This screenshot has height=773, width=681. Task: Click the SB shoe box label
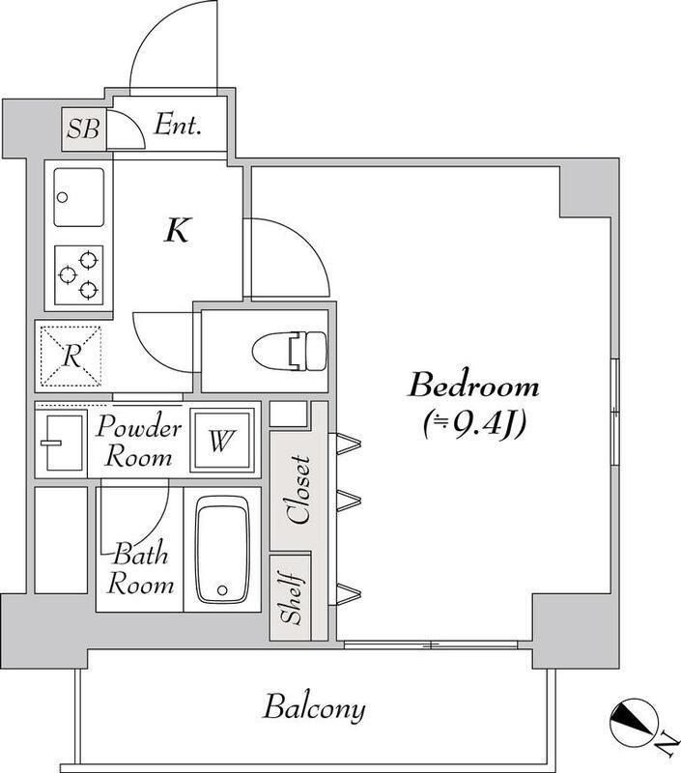(x=83, y=129)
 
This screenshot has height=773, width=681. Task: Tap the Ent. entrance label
(x=178, y=126)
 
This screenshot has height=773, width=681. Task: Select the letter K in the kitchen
(x=178, y=230)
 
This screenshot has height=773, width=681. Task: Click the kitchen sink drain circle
(x=62, y=198)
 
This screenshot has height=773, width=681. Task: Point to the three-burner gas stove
(x=79, y=275)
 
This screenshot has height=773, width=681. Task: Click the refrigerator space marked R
(x=71, y=356)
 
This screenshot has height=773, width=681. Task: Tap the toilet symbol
(x=290, y=352)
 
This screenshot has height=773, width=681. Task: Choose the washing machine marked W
(x=221, y=441)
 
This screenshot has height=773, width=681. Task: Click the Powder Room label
(x=139, y=442)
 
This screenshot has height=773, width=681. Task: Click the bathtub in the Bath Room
(x=222, y=549)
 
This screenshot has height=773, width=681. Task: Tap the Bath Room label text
(x=140, y=570)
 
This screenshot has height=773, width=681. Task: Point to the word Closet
(x=299, y=490)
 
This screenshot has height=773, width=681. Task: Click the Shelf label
(x=290, y=598)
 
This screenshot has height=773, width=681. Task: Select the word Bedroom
(x=474, y=386)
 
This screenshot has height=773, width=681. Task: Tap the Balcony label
(x=314, y=708)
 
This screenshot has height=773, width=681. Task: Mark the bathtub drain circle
(x=222, y=589)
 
